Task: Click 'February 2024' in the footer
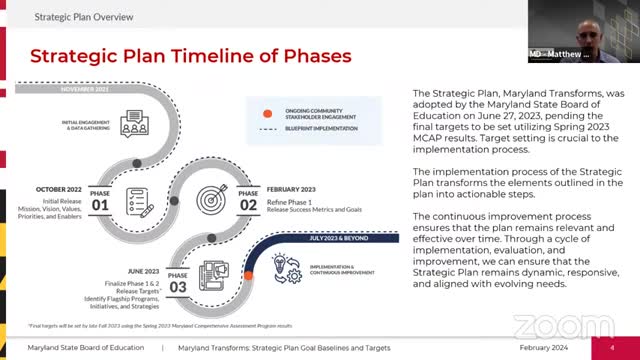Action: [x=546, y=347]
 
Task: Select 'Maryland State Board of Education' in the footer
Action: [x=83, y=347]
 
